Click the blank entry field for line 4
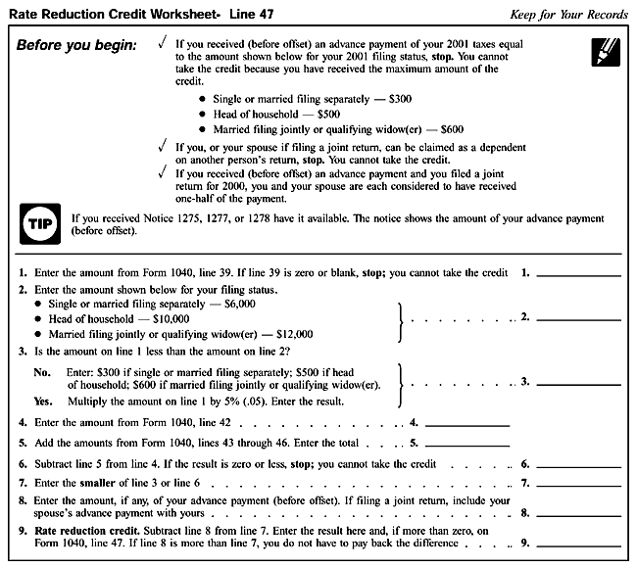click(468, 425)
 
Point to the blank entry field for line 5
click(468, 444)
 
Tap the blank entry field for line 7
click(578, 484)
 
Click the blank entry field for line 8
click(578, 513)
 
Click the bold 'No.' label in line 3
click(42, 373)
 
